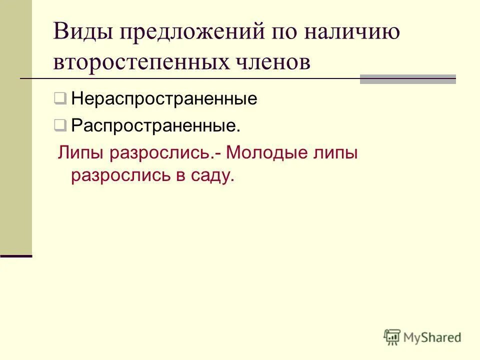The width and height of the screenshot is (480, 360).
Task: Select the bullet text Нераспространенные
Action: tap(164, 98)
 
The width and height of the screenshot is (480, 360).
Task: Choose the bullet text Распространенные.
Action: tap(155, 125)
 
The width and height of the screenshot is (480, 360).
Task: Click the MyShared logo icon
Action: tap(392, 337)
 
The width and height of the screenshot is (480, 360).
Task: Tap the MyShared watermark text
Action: tap(432, 337)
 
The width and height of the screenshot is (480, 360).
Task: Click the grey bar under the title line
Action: tap(407, 79)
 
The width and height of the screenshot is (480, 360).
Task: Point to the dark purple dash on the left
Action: tap(16, 255)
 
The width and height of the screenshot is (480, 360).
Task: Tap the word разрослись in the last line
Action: tap(120, 175)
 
